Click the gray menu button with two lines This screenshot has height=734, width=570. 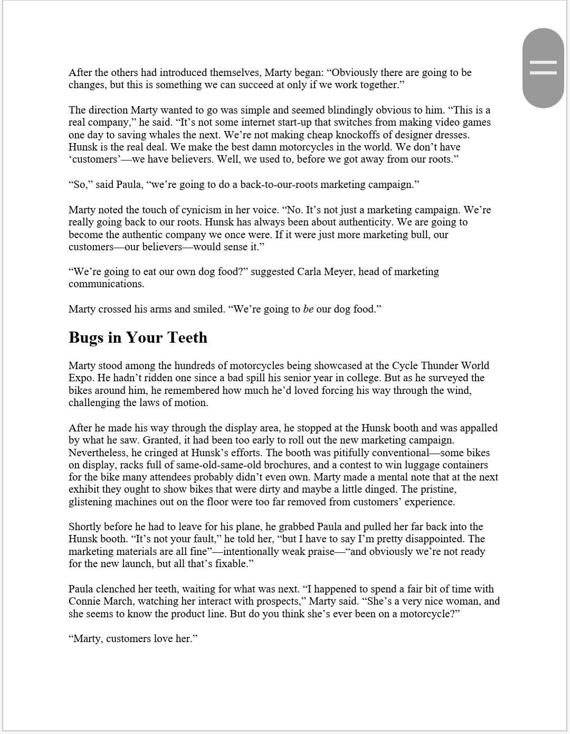click(x=543, y=68)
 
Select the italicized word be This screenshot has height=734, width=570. click(x=308, y=309)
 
